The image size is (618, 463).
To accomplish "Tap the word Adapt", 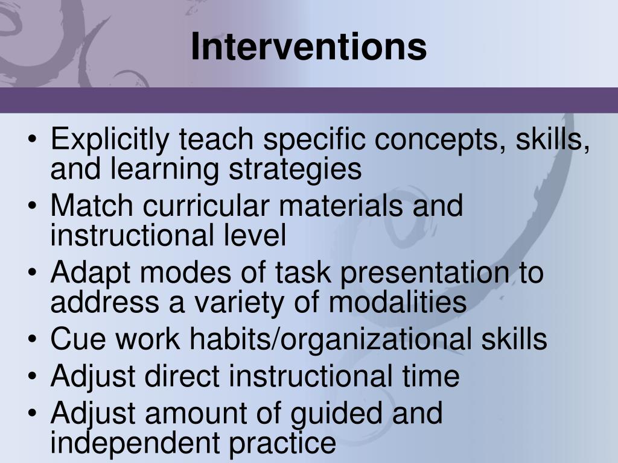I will pos(91,273).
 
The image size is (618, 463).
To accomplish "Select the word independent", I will pos(135,443).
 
